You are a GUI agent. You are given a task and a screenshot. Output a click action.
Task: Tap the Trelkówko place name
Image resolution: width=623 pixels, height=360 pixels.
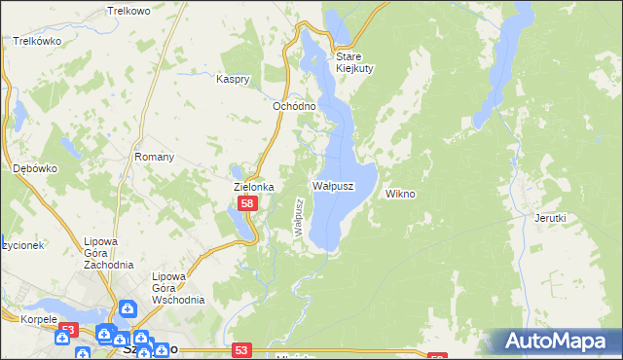(37, 42)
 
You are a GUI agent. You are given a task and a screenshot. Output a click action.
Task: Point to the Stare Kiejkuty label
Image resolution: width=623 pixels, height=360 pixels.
(355, 62)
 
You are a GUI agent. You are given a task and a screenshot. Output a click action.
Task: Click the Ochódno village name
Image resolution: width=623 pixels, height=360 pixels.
(294, 106)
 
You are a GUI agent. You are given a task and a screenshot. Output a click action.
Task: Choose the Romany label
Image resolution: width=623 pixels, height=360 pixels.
(154, 157)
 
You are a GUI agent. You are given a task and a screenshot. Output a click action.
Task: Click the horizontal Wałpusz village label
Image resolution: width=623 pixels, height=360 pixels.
(333, 184)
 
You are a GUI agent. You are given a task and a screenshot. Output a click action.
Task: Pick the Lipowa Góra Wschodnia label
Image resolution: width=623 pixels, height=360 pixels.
(177, 287)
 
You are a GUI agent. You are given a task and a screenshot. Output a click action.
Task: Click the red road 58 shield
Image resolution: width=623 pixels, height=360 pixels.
(248, 203)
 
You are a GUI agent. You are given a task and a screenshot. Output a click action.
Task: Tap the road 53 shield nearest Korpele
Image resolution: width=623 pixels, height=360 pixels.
(66, 331)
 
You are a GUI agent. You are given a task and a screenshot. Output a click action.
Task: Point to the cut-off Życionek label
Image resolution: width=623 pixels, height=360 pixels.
(20, 246)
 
